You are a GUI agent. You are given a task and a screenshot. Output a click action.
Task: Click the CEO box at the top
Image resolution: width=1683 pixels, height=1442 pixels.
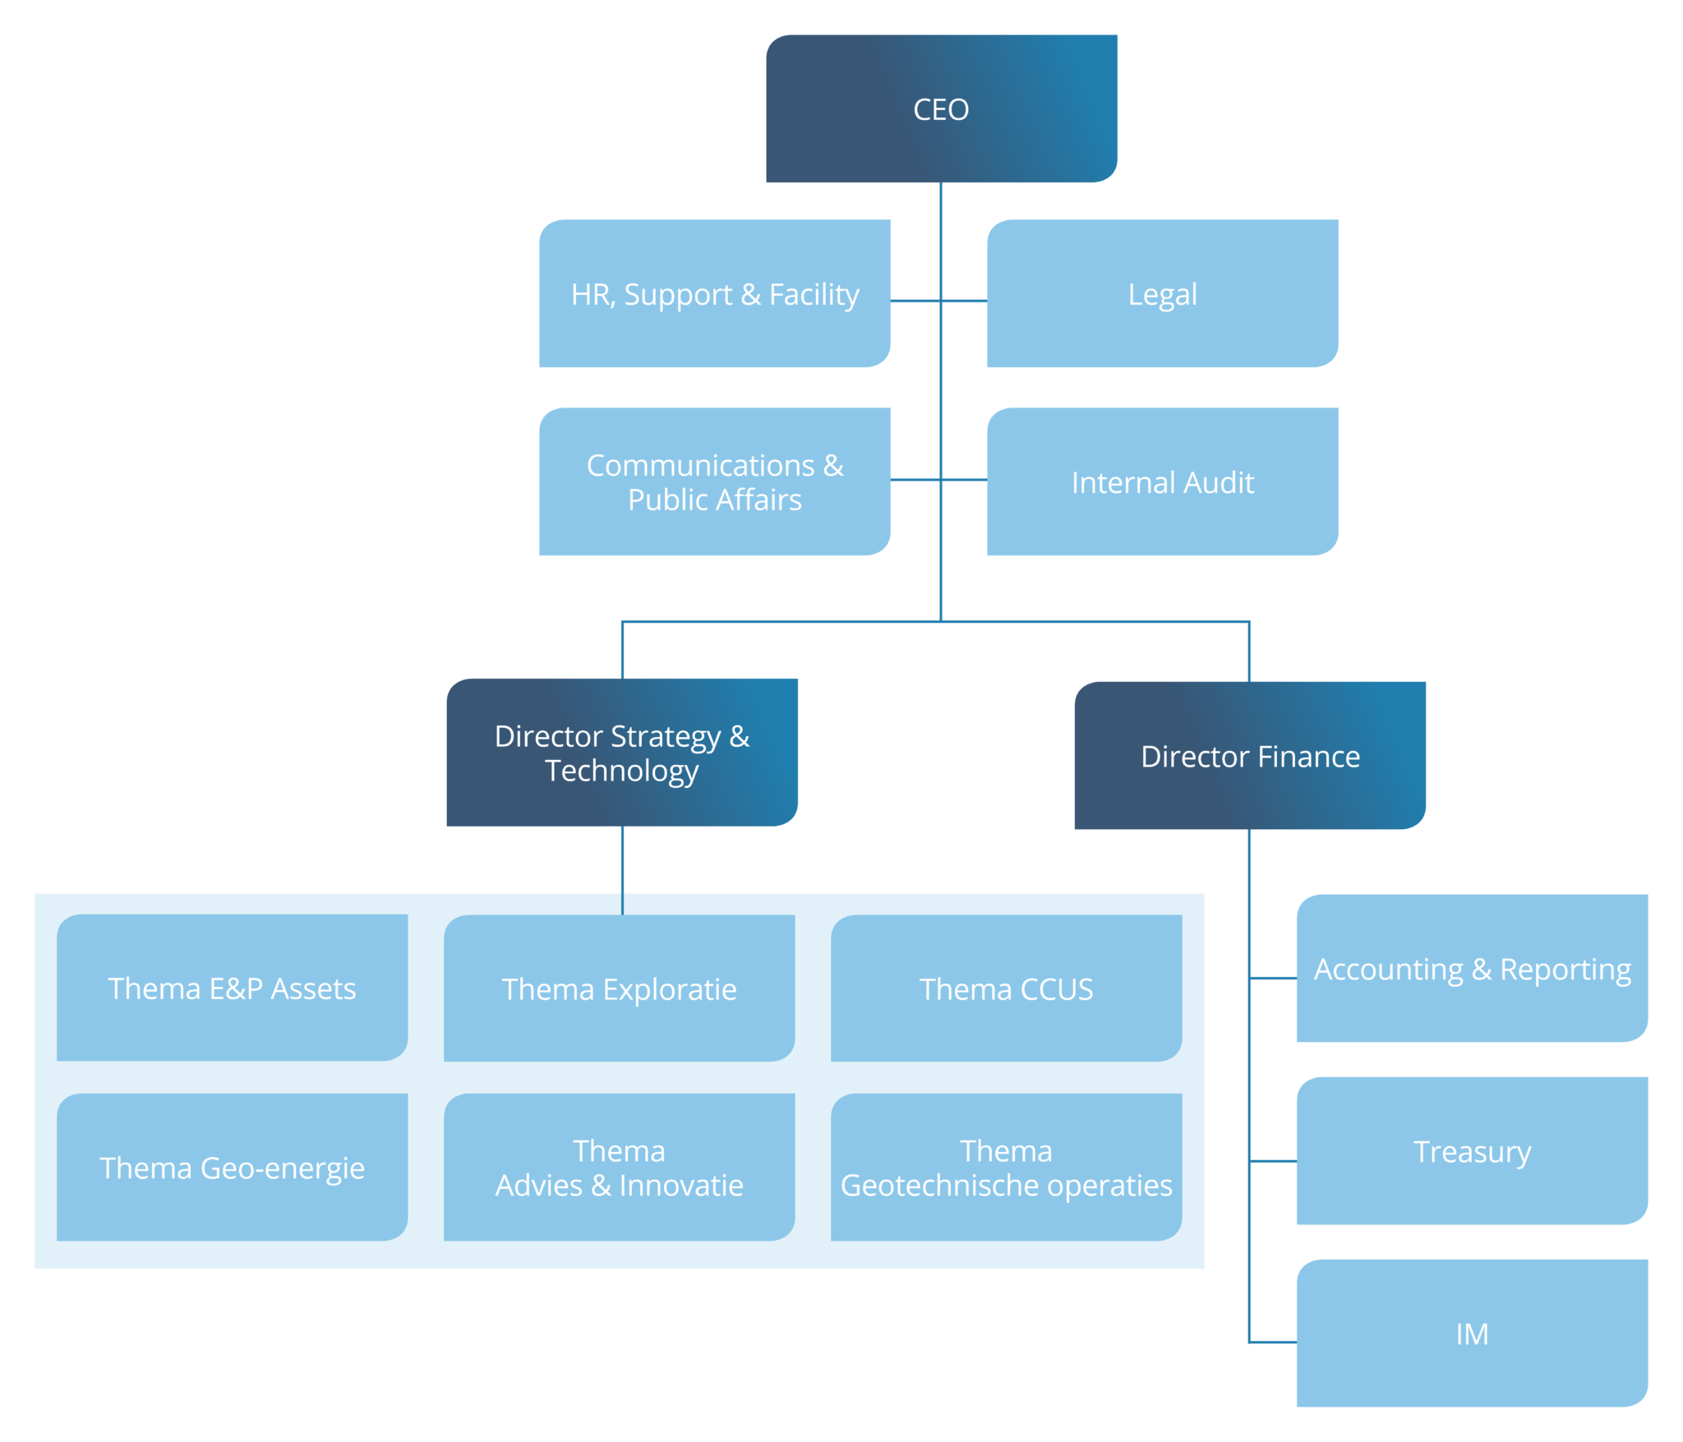click(941, 108)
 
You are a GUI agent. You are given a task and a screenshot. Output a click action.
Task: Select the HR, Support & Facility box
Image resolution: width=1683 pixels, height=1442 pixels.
click(714, 293)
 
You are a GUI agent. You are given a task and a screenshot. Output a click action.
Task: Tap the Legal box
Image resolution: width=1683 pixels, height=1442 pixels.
click(1162, 293)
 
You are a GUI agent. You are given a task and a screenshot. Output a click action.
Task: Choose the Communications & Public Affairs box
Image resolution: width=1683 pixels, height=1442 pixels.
click(714, 481)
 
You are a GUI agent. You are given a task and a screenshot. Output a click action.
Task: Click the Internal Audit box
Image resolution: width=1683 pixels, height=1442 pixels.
click(1162, 481)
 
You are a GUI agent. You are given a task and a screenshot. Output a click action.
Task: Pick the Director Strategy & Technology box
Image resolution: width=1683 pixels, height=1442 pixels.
click(621, 752)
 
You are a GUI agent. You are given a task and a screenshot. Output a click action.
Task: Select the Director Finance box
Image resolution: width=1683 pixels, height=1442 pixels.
click(1249, 755)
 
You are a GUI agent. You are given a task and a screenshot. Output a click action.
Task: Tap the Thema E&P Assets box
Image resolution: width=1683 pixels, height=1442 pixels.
click(232, 988)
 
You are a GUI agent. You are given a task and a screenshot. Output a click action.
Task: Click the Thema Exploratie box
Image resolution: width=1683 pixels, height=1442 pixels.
click(619, 988)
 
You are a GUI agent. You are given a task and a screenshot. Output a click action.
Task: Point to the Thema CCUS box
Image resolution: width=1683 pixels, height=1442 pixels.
click(1006, 988)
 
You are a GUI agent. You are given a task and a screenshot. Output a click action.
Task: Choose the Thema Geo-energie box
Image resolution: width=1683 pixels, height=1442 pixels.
click(232, 1167)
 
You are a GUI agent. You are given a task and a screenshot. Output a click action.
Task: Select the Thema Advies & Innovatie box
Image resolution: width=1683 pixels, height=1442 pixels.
click(619, 1167)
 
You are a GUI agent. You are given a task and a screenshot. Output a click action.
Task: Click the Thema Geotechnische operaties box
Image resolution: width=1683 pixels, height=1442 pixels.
click(1006, 1167)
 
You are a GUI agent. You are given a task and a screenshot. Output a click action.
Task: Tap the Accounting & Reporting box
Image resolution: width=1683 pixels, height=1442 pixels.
click(1471, 969)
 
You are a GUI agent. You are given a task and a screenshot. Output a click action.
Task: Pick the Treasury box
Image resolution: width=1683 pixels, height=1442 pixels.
click(1471, 1150)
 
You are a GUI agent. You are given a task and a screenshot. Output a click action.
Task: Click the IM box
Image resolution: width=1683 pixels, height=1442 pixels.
click(1471, 1333)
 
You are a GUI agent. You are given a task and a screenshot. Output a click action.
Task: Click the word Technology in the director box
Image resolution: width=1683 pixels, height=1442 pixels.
click(621, 771)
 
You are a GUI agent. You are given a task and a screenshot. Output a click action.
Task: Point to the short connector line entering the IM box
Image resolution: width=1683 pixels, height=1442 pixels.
click(1273, 1342)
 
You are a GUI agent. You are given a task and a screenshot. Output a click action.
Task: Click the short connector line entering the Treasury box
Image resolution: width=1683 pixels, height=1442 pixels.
click(1273, 1161)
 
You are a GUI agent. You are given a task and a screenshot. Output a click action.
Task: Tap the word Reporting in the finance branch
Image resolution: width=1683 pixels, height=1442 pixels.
click(1565, 970)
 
